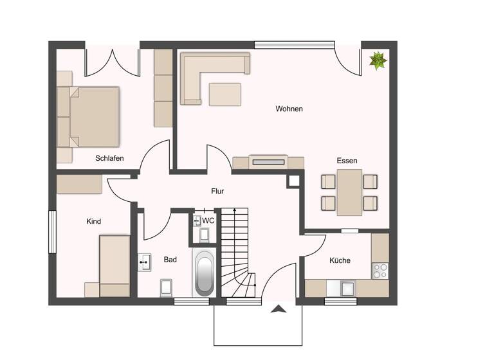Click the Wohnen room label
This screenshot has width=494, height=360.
[289, 109]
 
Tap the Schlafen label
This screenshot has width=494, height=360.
[109, 158]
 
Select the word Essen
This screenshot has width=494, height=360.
[347, 161]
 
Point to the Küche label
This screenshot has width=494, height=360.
[340, 260]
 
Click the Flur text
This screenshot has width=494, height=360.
[217, 191]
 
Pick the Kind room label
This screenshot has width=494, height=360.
[93, 221]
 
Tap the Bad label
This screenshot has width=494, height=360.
[170, 260]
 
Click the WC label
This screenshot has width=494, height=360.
[208, 220]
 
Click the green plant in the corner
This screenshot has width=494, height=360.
[378, 60]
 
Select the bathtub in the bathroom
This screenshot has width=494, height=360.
[204, 273]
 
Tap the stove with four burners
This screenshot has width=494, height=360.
[380, 271]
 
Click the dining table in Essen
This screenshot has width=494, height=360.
[349, 192]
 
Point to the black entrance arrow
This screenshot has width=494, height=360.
[278, 309]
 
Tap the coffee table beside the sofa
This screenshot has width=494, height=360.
[224, 94]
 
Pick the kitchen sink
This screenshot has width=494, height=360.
[348, 288]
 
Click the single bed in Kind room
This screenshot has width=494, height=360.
[114, 265]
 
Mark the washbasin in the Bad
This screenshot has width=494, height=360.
[145, 262]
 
